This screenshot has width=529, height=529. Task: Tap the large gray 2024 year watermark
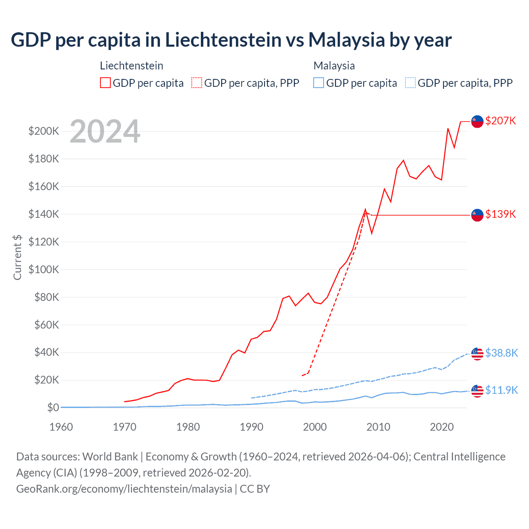[x=105, y=131]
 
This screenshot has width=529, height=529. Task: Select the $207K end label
[x=500, y=121]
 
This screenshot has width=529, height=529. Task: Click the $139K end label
[x=500, y=214]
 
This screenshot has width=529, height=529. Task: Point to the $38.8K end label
[x=501, y=353]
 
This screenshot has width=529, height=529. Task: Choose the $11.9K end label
[x=501, y=390]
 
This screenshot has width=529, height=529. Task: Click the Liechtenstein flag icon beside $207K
[x=477, y=122]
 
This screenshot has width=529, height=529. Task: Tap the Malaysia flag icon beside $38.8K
[x=477, y=354]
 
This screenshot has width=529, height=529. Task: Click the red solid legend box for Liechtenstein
[x=105, y=83]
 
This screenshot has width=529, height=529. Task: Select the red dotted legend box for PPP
[x=197, y=83]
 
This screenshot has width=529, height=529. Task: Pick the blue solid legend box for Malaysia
[x=319, y=83]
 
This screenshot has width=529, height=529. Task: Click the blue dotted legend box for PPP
[x=410, y=83]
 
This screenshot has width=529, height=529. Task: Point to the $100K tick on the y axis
[x=43, y=269]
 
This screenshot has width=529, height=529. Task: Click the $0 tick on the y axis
[x=53, y=407]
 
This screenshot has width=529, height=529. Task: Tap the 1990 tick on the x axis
[x=251, y=427]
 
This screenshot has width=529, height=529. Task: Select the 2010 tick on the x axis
[x=378, y=427]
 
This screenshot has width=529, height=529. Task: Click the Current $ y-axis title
[x=17, y=257]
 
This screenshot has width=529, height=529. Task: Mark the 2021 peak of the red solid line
[x=448, y=129]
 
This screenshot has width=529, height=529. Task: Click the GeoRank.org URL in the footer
[x=124, y=489]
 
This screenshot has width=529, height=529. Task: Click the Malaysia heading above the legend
[x=334, y=66]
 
